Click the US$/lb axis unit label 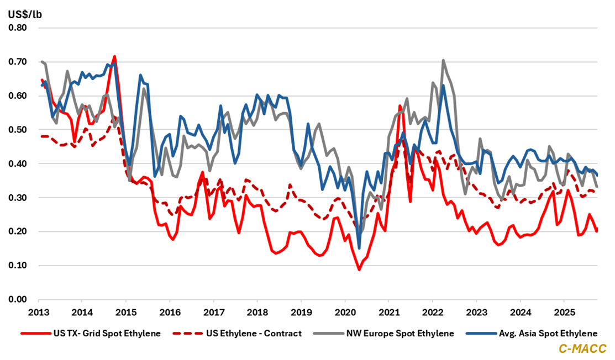(x=25, y=14)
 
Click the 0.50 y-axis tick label (x=20, y=130)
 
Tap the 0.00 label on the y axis (x=20, y=299)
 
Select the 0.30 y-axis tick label (x=20, y=198)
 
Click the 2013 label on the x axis (x=38, y=312)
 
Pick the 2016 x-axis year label (x=170, y=312)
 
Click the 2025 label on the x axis (x=563, y=312)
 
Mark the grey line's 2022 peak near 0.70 (x=443, y=60)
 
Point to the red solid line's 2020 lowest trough (x=359, y=269)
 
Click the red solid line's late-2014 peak (x=114, y=56)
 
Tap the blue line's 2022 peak (x=443, y=86)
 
